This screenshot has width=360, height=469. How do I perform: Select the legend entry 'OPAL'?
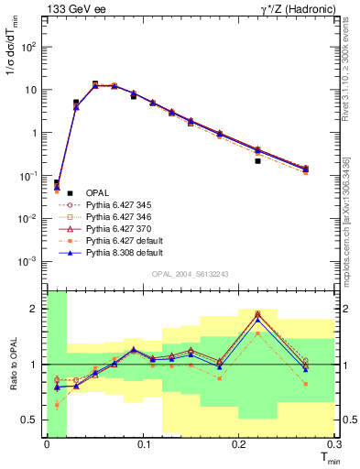pyautogui.click(x=97, y=192)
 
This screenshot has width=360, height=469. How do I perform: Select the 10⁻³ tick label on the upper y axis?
pyautogui.click(x=31, y=261)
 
